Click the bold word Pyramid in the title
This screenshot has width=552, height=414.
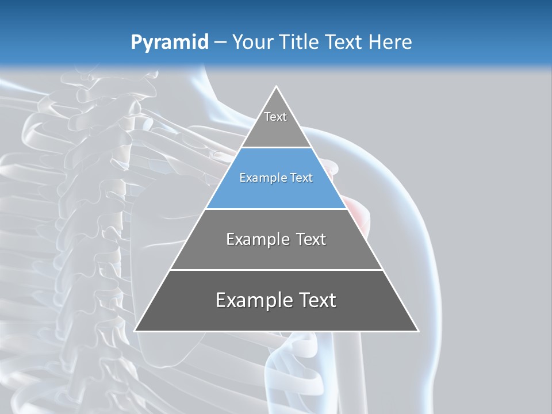(x=170, y=43)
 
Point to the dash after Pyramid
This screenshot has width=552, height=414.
(x=220, y=43)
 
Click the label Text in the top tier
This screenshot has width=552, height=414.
(x=275, y=117)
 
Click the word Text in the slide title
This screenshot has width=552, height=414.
(x=344, y=43)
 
